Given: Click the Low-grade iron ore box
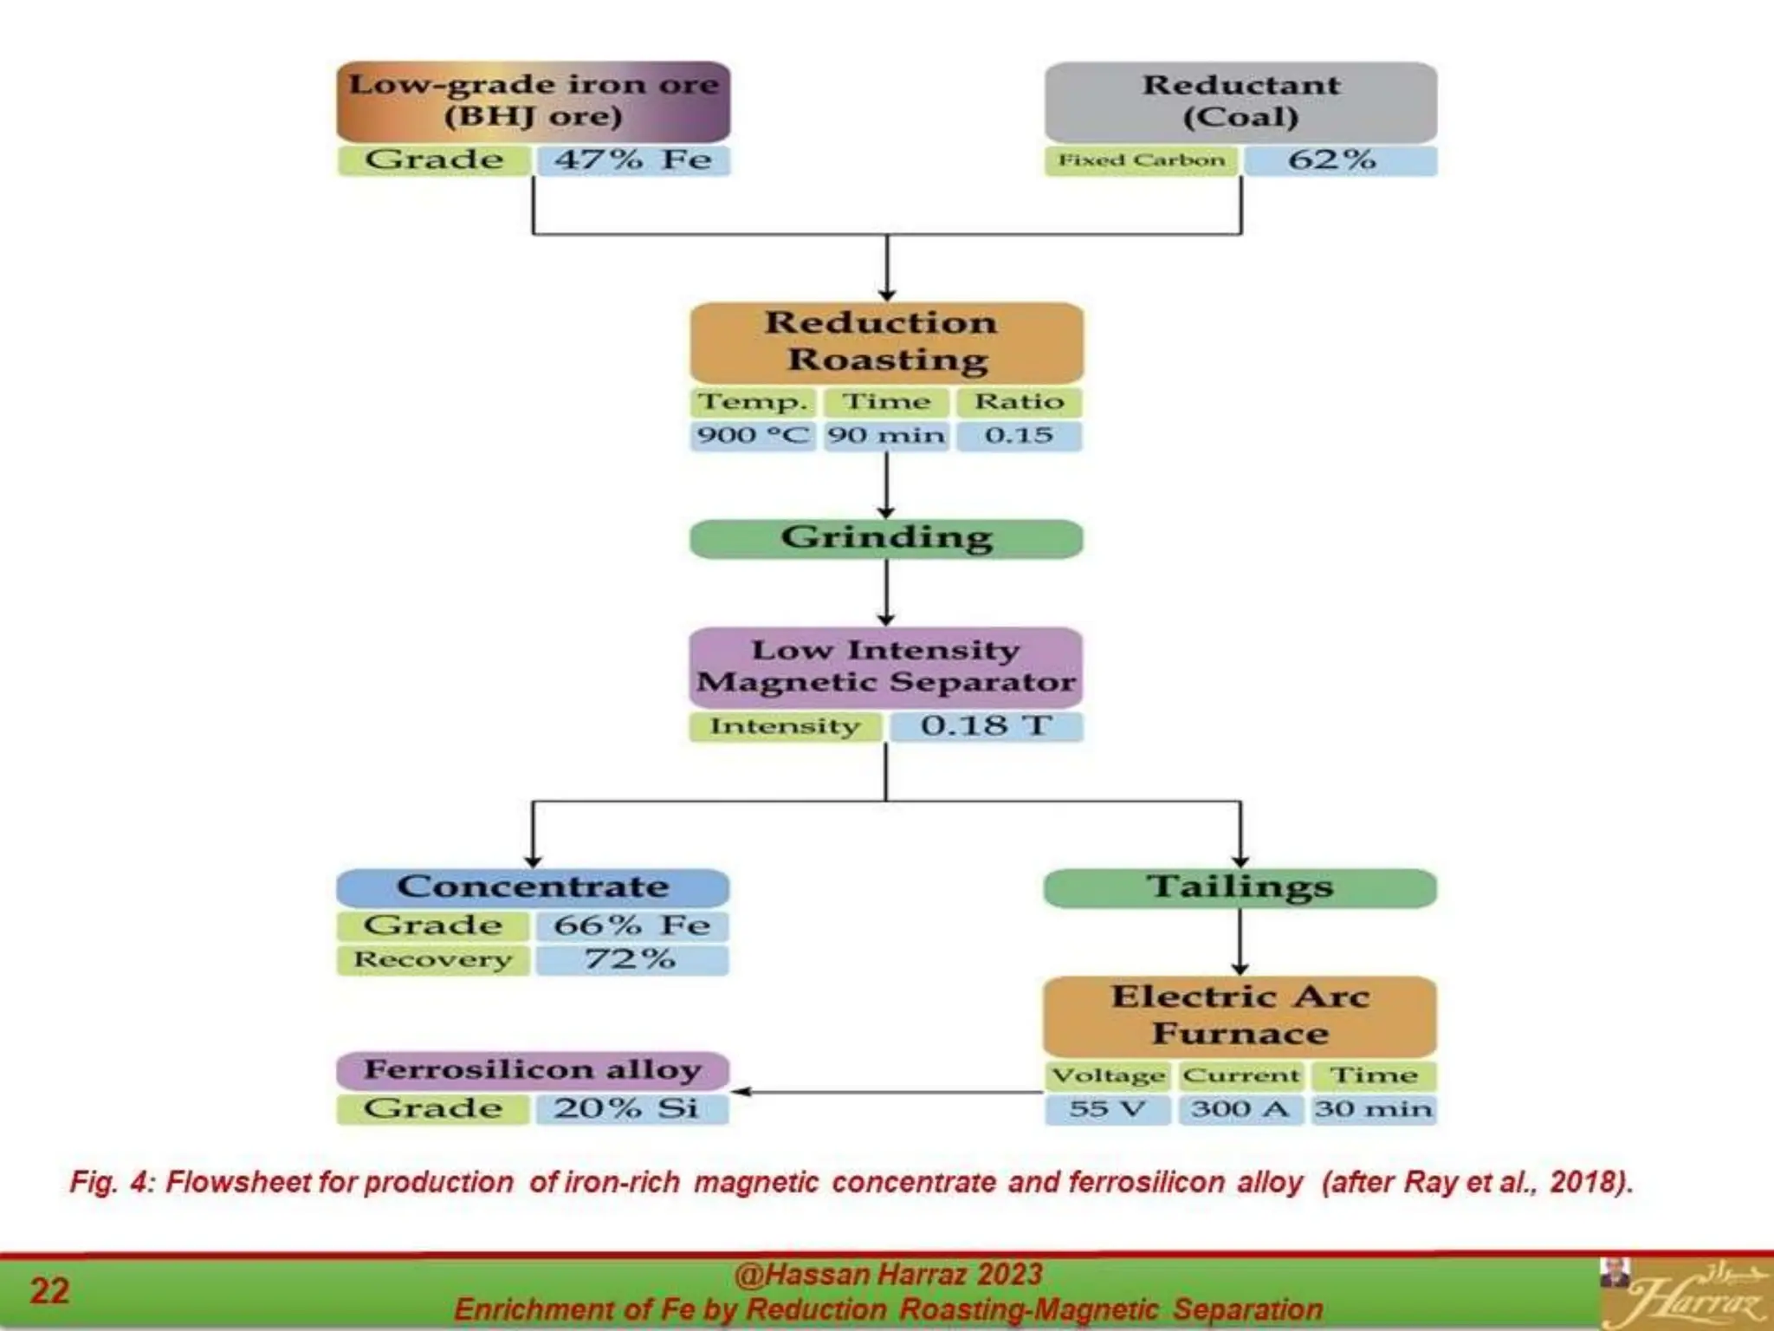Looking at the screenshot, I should click(533, 101).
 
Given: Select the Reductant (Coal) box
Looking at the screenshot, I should click(1240, 101).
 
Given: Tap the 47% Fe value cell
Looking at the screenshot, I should click(632, 160).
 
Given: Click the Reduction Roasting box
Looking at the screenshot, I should click(886, 341).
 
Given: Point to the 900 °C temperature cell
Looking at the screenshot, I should click(752, 435).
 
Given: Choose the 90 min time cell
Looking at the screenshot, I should click(885, 435).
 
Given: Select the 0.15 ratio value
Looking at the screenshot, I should click(1019, 435).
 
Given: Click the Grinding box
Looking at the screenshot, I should click(886, 538).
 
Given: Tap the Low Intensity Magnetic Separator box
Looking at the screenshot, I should click(886, 666).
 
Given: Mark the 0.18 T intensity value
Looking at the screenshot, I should click(986, 726).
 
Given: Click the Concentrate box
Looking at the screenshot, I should click(533, 887).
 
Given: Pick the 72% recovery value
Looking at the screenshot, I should click(631, 960).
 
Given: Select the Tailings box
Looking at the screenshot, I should click(1240, 887).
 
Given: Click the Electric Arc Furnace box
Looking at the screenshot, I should click(1240, 1016).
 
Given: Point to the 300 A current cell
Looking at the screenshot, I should click(1240, 1109).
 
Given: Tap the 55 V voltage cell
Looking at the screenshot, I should click(1107, 1109).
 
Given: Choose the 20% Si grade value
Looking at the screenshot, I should click(631, 1109).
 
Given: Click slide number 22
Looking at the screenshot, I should click(49, 1291).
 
